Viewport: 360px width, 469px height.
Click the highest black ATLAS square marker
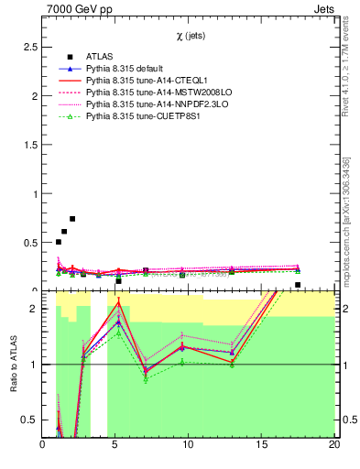coord(72,219)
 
